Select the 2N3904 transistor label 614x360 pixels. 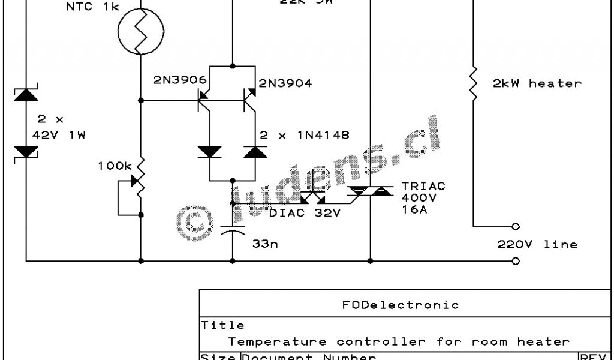(285, 83)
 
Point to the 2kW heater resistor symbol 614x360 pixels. (473, 83)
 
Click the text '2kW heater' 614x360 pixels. (537, 83)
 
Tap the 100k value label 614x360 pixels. (114, 165)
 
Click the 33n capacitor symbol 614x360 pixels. (232, 230)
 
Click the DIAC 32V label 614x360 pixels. (305, 212)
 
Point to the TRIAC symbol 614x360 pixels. (370, 191)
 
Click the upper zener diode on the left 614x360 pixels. (26, 94)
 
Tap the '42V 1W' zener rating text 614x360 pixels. (59, 135)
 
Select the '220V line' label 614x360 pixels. (537, 244)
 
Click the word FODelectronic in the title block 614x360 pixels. (400, 305)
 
